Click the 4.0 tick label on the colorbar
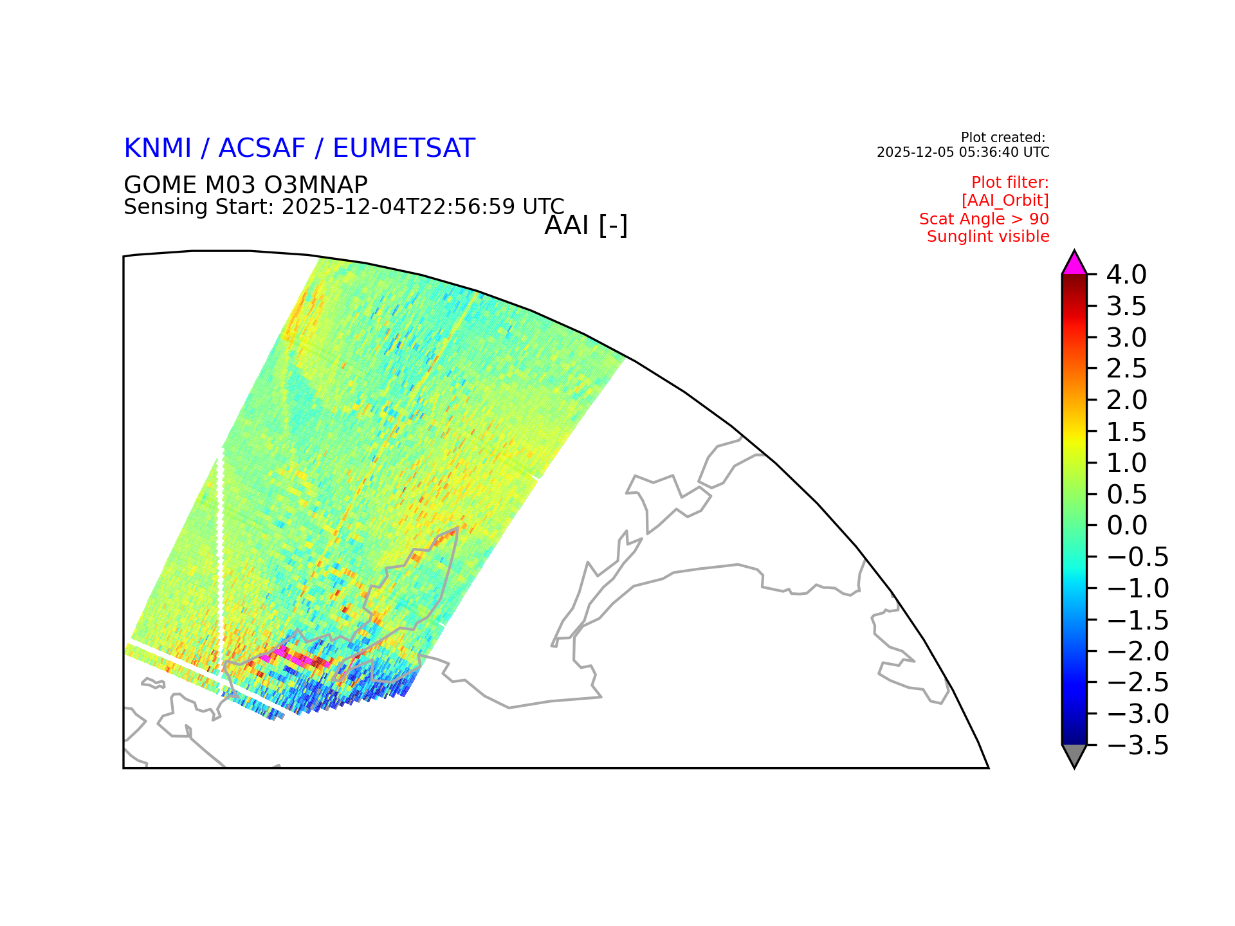click(x=1126, y=275)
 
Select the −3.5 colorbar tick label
click(x=1137, y=746)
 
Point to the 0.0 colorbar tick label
click(x=1127, y=525)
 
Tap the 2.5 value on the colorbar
click(x=1126, y=368)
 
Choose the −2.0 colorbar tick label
click(x=1137, y=651)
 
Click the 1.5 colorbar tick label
click(x=1126, y=431)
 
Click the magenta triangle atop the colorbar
click(x=1074, y=265)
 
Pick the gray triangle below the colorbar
click(x=1074, y=754)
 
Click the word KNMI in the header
click(x=158, y=149)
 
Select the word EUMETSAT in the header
click(x=404, y=149)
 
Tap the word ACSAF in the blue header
click(x=262, y=149)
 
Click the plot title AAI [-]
click(x=586, y=226)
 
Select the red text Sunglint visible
click(x=988, y=237)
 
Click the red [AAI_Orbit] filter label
click(x=1005, y=201)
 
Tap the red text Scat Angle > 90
click(x=984, y=219)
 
